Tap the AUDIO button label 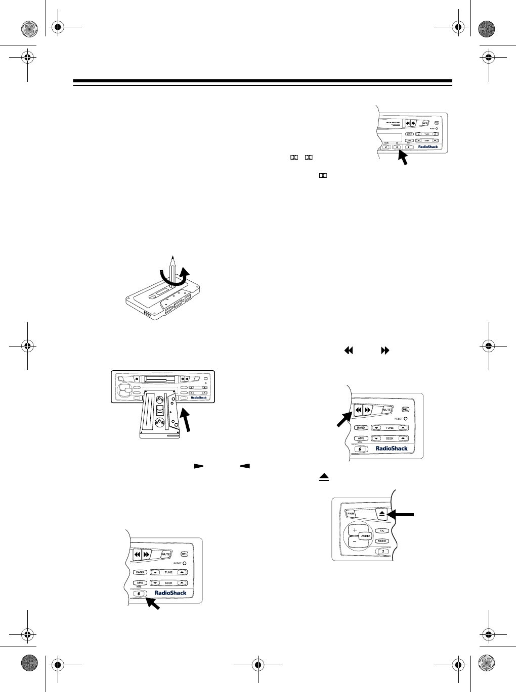pyautogui.click(x=365, y=535)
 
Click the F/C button pyautogui.click(x=382, y=530)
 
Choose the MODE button pyautogui.click(x=382, y=541)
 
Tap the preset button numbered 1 pyautogui.click(x=382, y=551)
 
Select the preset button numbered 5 pyautogui.click(x=398, y=147)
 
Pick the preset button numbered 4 pyautogui.click(x=387, y=147)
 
